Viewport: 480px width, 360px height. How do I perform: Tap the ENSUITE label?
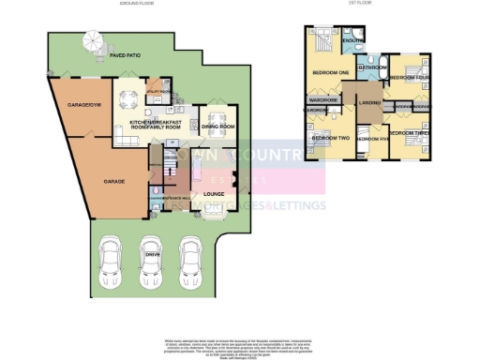click(x=353, y=41)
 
